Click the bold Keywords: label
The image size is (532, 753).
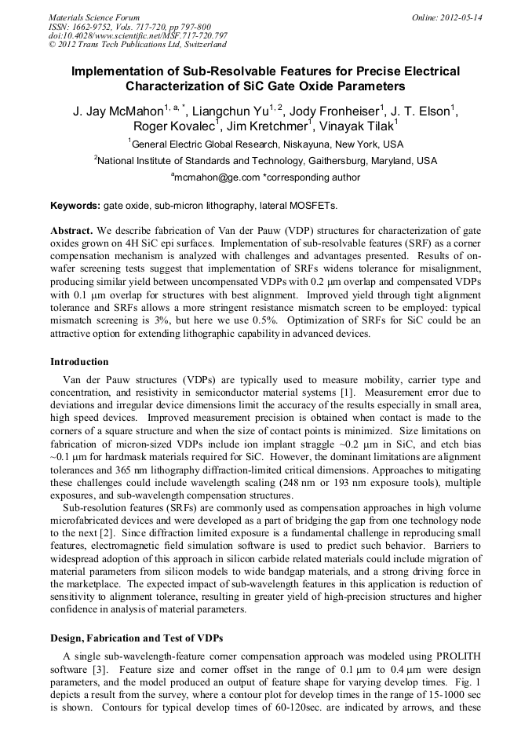[x=75, y=206]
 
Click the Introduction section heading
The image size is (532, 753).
[x=79, y=362]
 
